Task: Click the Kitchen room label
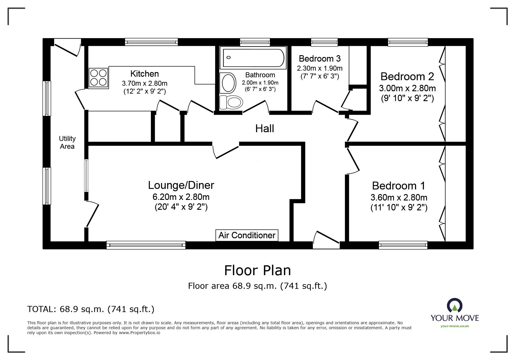click(x=145, y=74)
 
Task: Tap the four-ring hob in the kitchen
click(x=98, y=77)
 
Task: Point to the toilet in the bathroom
click(x=231, y=102)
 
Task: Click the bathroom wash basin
click(x=228, y=83)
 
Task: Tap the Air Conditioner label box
click(x=247, y=235)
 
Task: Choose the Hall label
click(x=265, y=128)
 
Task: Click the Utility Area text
click(x=67, y=142)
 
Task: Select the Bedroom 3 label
click(x=320, y=59)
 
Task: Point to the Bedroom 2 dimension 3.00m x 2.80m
click(x=407, y=88)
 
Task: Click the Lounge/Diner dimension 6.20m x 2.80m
click(x=181, y=197)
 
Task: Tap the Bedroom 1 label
click(x=398, y=185)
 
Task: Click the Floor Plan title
click(x=257, y=270)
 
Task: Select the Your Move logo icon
click(x=455, y=306)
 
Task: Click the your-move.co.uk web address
click(x=455, y=326)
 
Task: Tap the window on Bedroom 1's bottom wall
click(x=403, y=245)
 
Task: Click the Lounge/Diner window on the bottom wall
click(x=146, y=245)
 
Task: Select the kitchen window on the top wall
click(x=151, y=42)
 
